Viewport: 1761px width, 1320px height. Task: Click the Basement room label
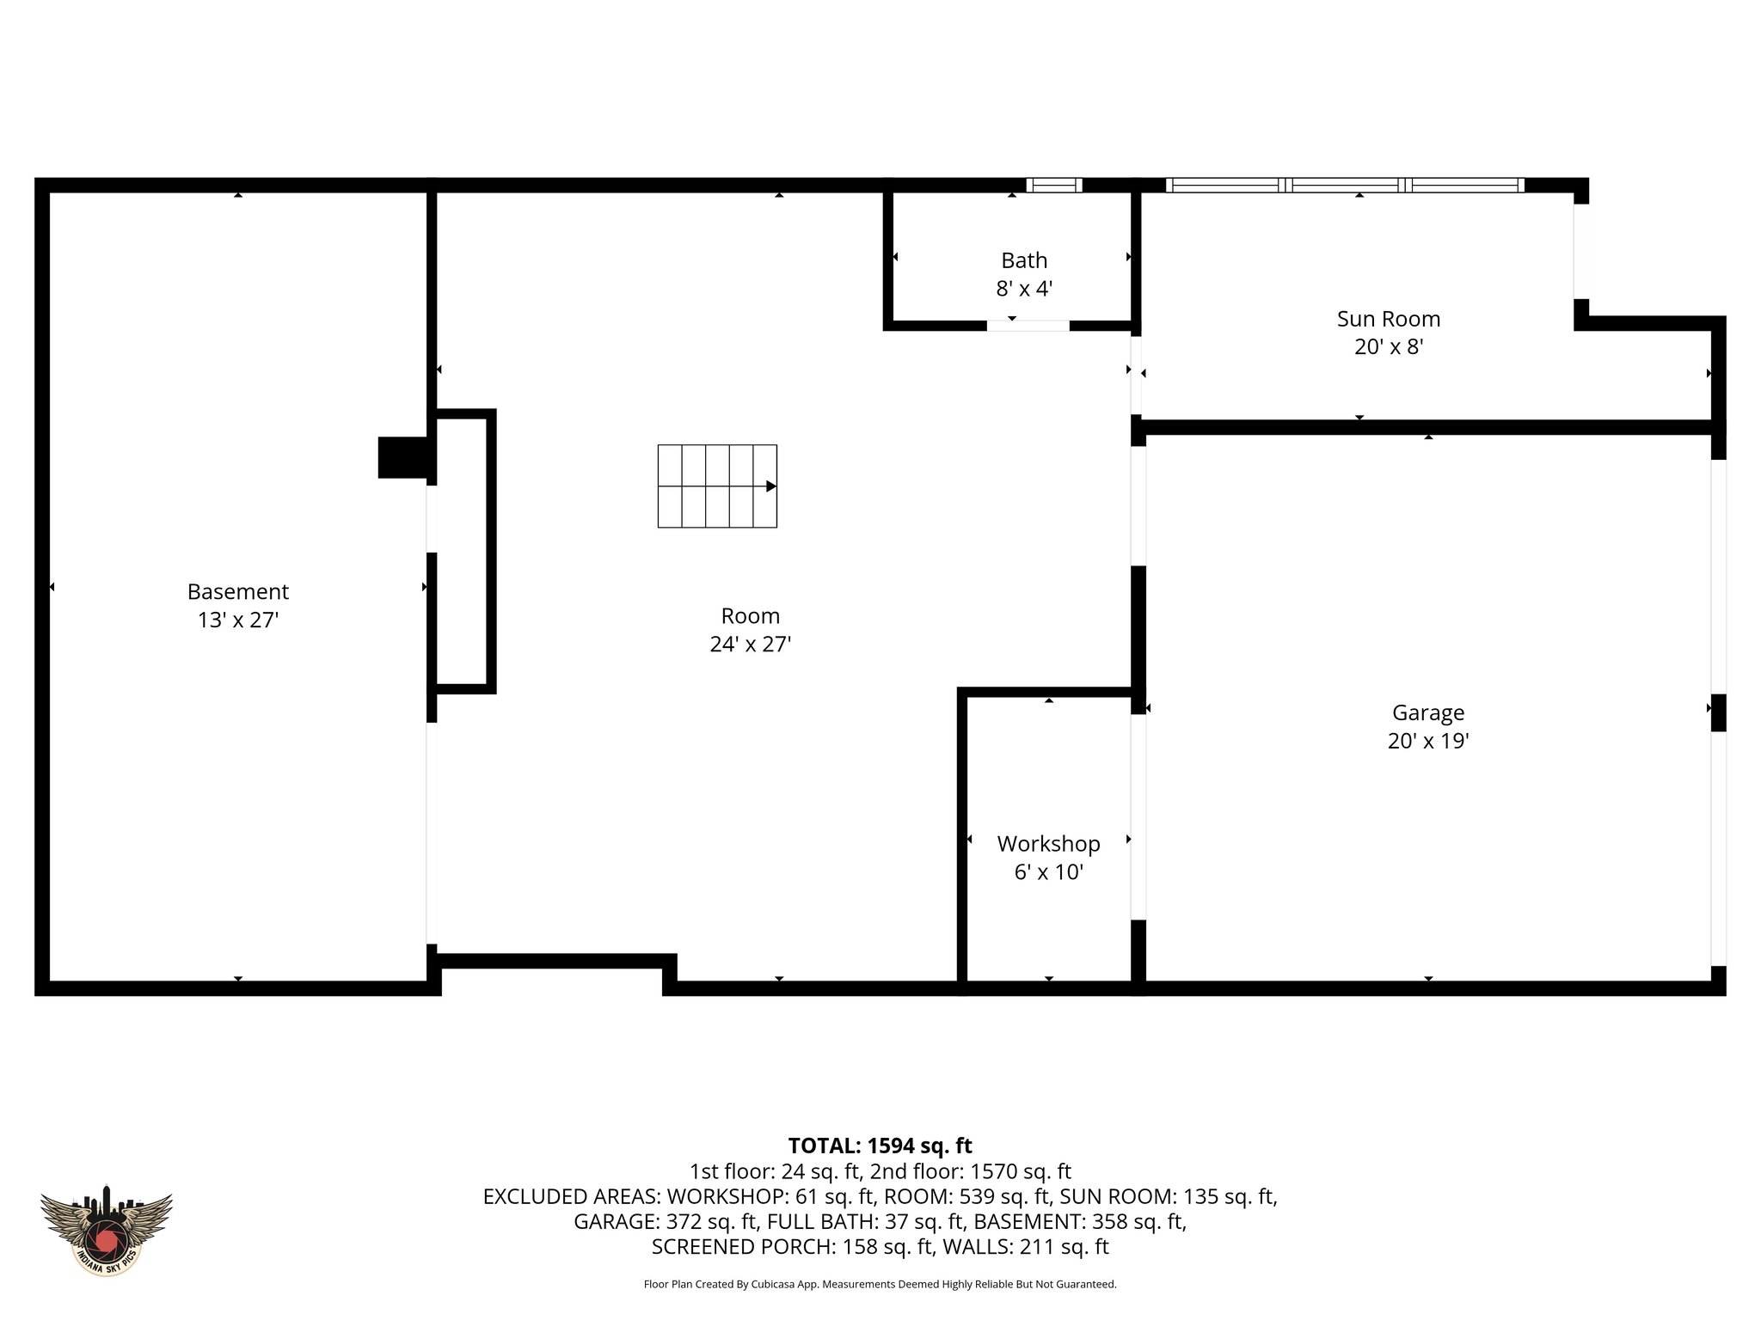click(x=237, y=591)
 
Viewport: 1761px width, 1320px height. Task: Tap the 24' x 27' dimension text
click(x=750, y=644)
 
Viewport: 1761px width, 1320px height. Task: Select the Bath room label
click(x=1023, y=260)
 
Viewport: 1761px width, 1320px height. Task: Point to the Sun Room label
click(x=1388, y=319)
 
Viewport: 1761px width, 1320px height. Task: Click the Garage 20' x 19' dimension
click(x=1427, y=741)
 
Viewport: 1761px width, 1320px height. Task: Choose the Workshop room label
click(x=1048, y=844)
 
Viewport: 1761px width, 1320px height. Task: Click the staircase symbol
click(x=716, y=486)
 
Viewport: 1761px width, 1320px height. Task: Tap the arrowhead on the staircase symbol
click(x=771, y=486)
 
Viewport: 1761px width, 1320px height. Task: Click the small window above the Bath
click(x=1053, y=185)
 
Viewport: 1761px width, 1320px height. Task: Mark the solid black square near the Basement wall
click(x=402, y=457)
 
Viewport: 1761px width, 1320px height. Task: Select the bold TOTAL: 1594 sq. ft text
click(x=880, y=1146)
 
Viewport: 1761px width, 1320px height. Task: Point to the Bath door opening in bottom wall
click(x=1028, y=326)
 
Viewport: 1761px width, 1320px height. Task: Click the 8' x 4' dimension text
click(x=1023, y=289)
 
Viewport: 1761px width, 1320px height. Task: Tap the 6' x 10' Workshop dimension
click(x=1048, y=872)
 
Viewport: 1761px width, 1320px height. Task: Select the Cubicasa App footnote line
click(x=880, y=1284)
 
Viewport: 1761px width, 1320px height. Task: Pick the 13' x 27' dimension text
click(x=237, y=620)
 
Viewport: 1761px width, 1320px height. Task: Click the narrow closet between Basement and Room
click(x=463, y=552)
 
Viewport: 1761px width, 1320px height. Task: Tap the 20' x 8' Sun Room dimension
click(x=1388, y=347)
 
